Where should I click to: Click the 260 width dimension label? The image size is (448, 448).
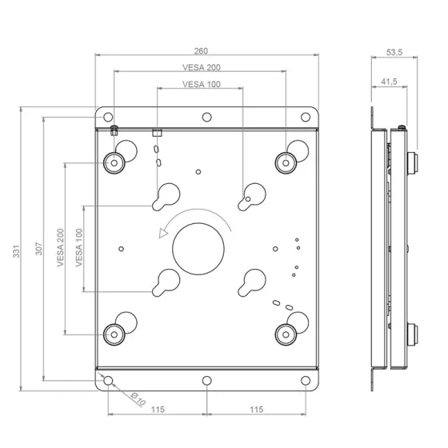[x=201, y=51]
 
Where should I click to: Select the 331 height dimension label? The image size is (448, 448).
[x=16, y=251]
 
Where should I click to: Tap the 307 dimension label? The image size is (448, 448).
[x=39, y=249]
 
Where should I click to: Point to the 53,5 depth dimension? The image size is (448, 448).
[x=394, y=52]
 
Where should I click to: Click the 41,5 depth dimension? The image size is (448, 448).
[x=389, y=82]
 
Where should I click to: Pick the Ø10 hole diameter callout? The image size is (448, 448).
[x=138, y=399]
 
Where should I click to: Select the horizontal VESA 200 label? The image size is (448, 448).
[x=202, y=67]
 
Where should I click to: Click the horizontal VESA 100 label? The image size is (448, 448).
[x=202, y=84]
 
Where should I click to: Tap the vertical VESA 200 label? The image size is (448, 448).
[x=60, y=248]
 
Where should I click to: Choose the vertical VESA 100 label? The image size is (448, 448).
[x=79, y=248]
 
